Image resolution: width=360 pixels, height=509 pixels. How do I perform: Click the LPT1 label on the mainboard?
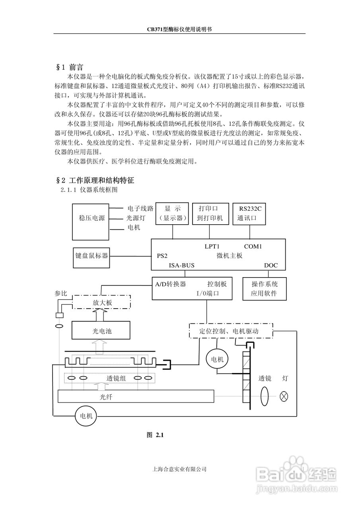point(212,246)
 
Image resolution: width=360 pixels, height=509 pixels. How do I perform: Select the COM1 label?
point(253,246)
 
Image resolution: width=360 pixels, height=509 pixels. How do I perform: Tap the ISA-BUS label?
point(181,265)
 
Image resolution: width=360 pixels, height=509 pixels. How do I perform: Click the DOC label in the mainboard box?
point(271,265)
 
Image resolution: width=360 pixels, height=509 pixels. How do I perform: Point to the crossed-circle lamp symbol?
point(283,396)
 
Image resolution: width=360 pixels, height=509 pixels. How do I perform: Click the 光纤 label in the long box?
point(106,397)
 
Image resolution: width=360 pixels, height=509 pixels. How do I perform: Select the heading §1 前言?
point(70,67)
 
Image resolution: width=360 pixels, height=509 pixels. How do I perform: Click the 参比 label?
point(61,293)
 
